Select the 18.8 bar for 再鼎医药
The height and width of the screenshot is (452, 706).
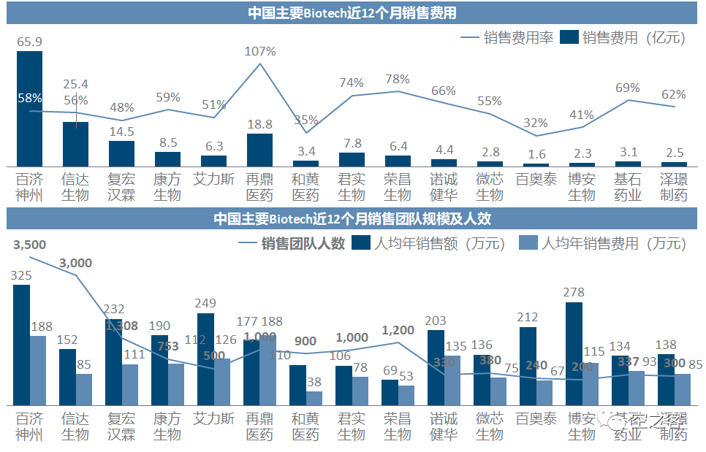(259, 150)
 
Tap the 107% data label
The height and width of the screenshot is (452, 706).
(261, 51)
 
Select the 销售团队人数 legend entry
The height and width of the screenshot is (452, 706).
(292, 243)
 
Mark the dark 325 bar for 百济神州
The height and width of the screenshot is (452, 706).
(22, 345)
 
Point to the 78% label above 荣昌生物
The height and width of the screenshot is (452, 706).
(398, 79)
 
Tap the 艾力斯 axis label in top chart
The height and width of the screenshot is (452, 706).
(214, 178)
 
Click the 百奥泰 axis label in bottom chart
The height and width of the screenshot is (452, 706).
(536, 419)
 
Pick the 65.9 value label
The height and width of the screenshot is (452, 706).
(29, 42)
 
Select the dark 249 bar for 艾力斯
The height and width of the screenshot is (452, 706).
(206, 359)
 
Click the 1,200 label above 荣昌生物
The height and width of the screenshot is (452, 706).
(398, 331)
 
